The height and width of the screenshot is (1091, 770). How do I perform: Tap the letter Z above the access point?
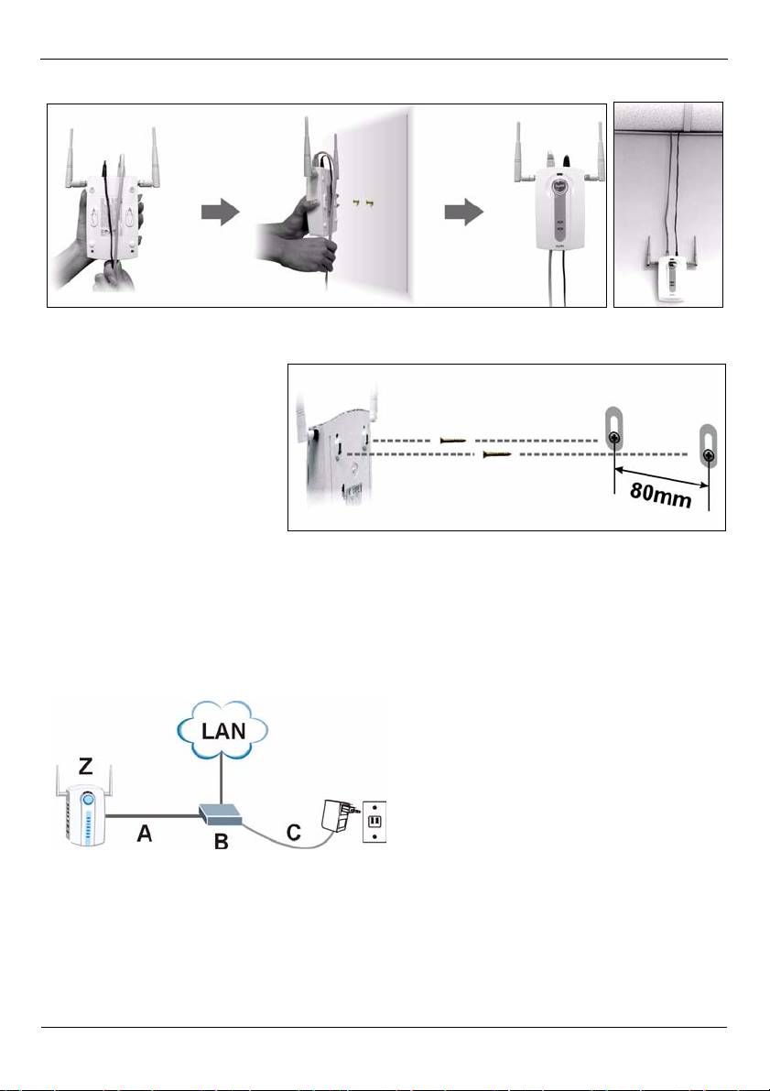tap(85, 767)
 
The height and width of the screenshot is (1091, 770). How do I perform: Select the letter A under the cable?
tap(144, 833)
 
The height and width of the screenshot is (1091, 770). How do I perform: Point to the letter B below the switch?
tap(222, 841)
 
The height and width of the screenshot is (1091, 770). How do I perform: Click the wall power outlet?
tap(374, 822)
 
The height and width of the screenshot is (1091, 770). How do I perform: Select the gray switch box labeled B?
tap(220, 814)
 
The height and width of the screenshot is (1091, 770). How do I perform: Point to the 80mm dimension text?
tap(661, 496)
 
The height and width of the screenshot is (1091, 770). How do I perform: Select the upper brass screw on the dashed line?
tap(453, 441)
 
